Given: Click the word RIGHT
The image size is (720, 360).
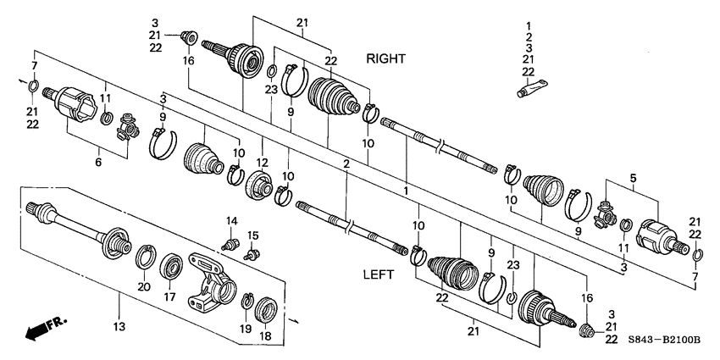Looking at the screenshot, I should coord(385,58).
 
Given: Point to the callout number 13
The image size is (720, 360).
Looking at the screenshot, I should coord(118,326).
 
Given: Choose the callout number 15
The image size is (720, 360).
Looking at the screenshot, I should coord(252,235).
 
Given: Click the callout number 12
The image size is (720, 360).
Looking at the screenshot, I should coord(263,163).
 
